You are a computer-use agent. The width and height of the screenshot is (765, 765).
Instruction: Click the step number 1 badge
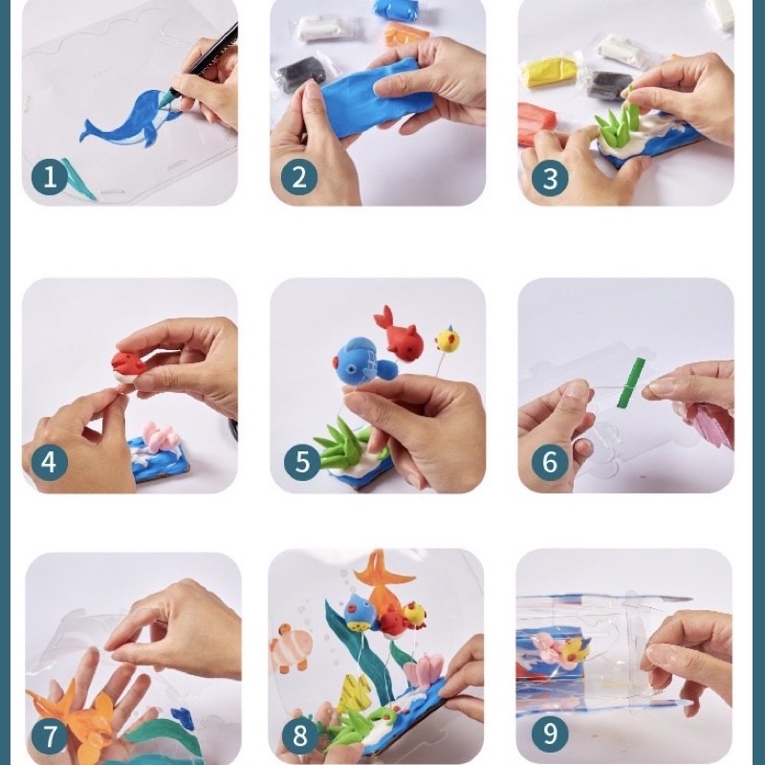pos(50,177)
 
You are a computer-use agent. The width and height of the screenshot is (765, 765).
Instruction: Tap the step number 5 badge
pos(302,462)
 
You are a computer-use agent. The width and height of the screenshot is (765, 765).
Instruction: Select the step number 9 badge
pos(550,732)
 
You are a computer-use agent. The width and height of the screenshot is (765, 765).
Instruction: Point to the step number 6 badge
pos(550,462)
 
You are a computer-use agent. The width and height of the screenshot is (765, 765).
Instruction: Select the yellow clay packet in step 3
pos(548,71)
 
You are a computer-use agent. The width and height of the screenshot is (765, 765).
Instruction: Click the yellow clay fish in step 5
pos(447,339)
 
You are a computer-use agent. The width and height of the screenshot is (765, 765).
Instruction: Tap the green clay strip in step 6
pos(630,383)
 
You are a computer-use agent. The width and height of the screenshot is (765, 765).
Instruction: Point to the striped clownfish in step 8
pos(291,646)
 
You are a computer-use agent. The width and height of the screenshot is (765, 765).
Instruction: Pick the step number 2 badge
pos(299,177)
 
